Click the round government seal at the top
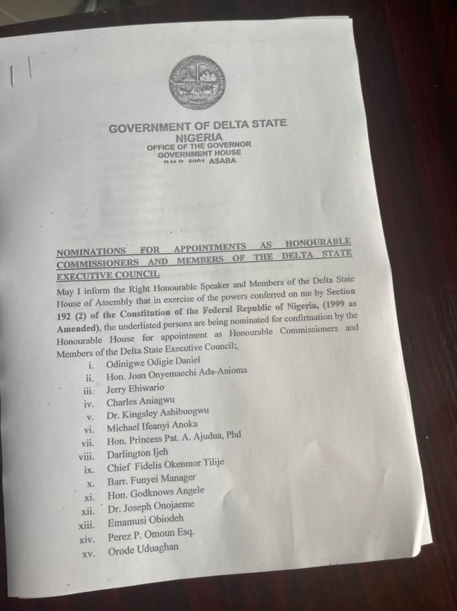(197, 82)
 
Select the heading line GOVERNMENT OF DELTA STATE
(198, 126)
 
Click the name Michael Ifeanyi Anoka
(154, 427)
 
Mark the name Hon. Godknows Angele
(156, 492)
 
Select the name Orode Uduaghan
(143, 550)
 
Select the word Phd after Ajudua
(233, 435)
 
